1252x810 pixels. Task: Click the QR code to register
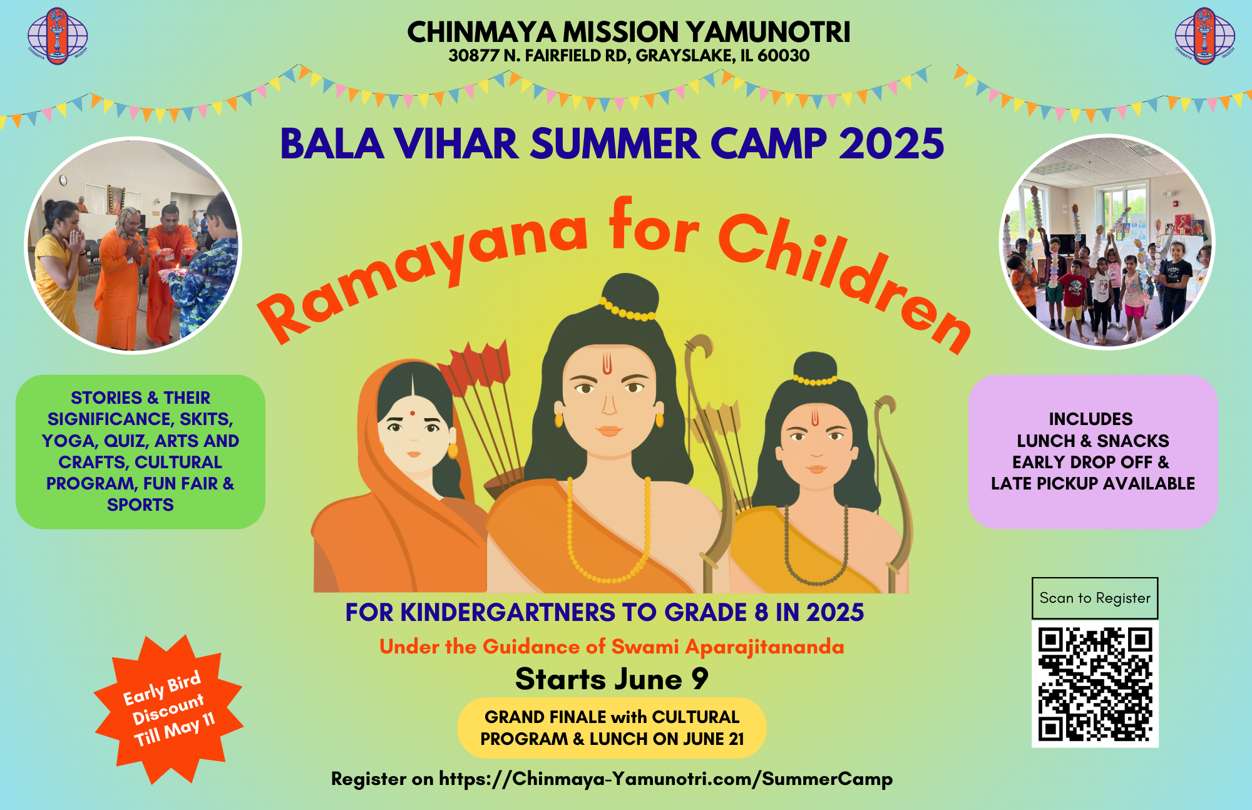pyautogui.click(x=1095, y=684)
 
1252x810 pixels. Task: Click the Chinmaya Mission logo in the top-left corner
pyautogui.click(x=58, y=36)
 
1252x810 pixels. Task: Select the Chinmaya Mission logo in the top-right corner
pyautogui.click(x=1204, y=36)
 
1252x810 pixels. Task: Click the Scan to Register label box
pyautogui.click(x=1095, y=598)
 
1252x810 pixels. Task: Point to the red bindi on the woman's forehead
pyautogui.click(x=413, y=413)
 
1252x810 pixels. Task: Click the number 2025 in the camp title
pyautogui.click(x=891, y=144)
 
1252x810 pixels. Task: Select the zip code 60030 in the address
pyautogui.click(x=783, y=56)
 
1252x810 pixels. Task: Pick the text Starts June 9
pyautogui.click(x=612, y=679)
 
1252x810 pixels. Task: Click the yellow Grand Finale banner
pyautogui.click(x=612, y=728)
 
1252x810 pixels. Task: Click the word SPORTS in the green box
pyautogui.click(x=140, y=505)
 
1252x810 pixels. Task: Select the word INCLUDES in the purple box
pyautogui.click(x=1091, y=419)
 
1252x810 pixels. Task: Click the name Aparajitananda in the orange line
pyautogui.click(x=765, y=647)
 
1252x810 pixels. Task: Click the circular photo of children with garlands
pyautogui.click(x=1107, y=242)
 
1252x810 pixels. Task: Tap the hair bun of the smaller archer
pyautogui.click(x=815, y=367)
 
